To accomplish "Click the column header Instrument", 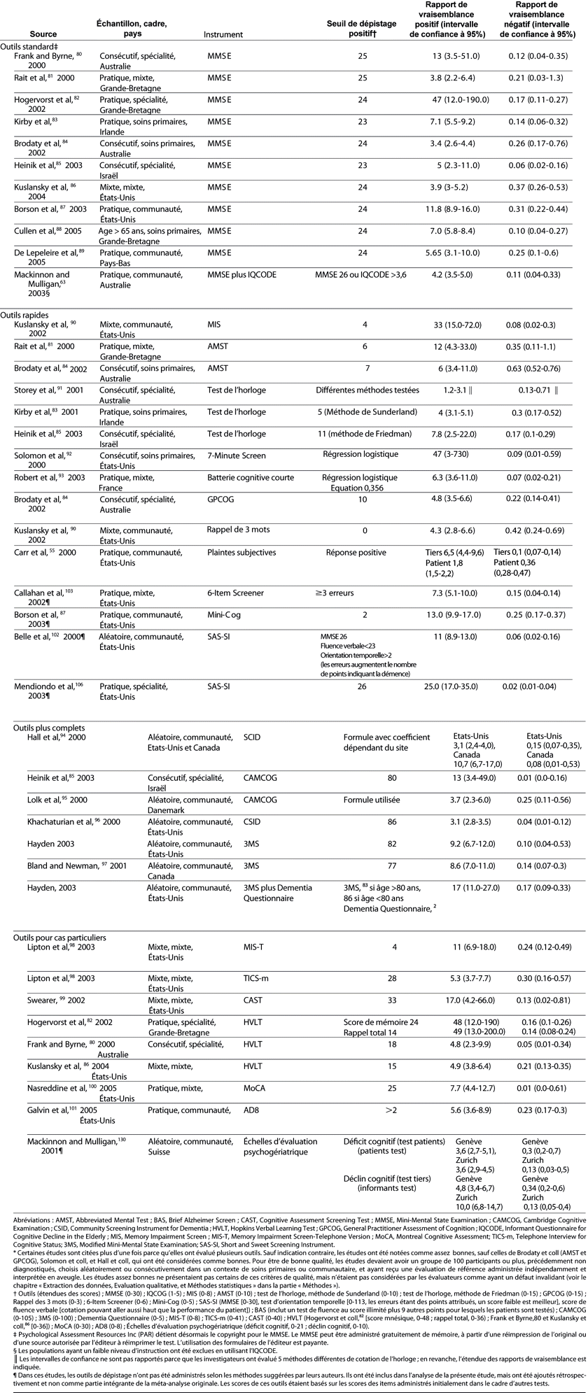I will [223, 34].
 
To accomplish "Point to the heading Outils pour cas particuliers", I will [56, 937].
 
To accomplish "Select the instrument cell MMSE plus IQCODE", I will [242, 275].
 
